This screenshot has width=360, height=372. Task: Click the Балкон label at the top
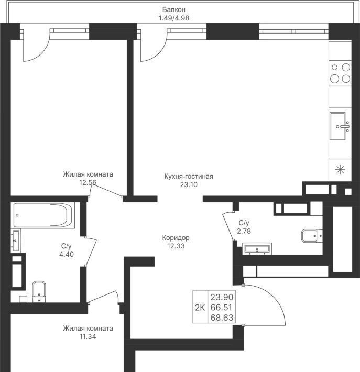[x=173, y=10]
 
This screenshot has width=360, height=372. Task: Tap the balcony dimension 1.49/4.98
[x=173, y=18]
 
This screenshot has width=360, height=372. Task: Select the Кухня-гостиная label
[x=189, y=176]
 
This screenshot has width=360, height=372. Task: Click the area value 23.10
[x=189, y=184]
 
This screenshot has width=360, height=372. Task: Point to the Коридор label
[x=176, y=238]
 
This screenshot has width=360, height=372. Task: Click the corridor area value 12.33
[x=176, y=246]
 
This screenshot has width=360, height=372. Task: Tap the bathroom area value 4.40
[x=67, y=254]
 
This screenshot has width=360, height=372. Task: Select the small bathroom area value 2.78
[x=244, y=231]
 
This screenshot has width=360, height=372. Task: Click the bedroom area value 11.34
[x=88, y=336]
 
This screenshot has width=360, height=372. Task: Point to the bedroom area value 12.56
[x=88, y=182]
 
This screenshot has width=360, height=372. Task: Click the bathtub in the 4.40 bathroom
[x=44, y=215]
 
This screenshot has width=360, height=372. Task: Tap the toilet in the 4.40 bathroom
[x=39, y=291]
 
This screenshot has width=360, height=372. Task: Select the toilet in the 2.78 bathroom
[x=312, y=236]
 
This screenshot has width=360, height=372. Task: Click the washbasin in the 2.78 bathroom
[x=257, y=249]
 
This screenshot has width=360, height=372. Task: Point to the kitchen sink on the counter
[x=338, y=126]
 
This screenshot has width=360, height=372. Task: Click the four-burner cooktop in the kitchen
[x=340, y=73]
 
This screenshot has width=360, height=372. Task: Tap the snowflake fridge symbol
[x=340, y=169]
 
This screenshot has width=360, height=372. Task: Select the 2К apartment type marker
[x=200, y=308]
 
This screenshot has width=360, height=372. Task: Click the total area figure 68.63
[x=222, y=318]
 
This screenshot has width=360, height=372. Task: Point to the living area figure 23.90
[x=222, y=297]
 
